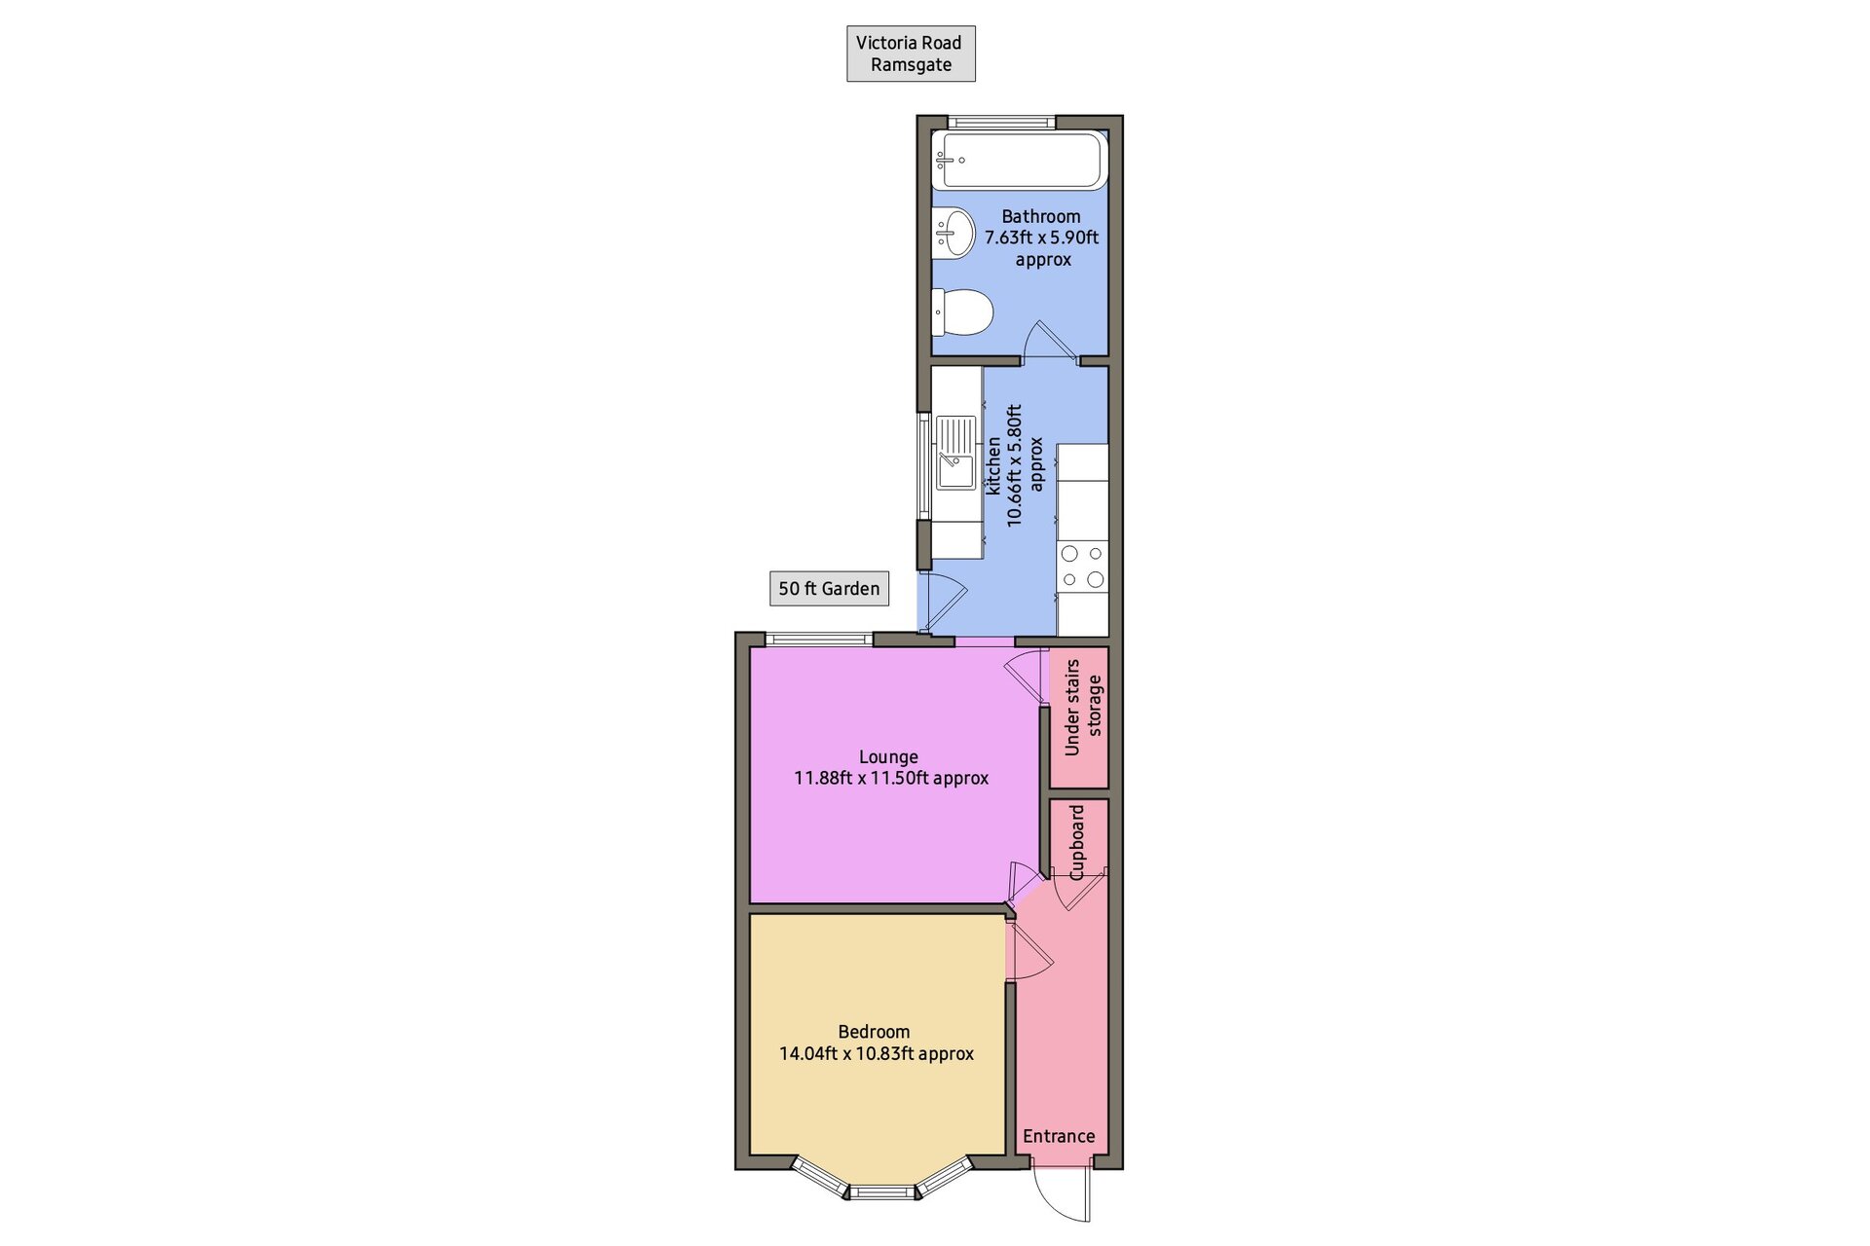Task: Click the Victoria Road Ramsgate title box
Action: (x=911, y=54)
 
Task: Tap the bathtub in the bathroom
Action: (x=1020, y=161)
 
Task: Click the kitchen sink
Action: (x=955, y=453)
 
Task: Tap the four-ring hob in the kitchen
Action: (x=1083, y=567)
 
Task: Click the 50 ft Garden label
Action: (x=829, y=588)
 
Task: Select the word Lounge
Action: (x=888, y=756)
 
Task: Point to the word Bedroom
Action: (x=874, y=1032)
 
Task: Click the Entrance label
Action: (x=1059, y=1136)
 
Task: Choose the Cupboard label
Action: (x=1076, y=842)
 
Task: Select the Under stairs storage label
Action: (x=1083, y=707)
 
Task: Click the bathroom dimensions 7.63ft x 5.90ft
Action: (x=1041, y=238)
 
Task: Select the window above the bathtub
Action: (x=1001, y=123)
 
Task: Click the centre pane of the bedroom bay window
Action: (x=882, y=1191)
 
